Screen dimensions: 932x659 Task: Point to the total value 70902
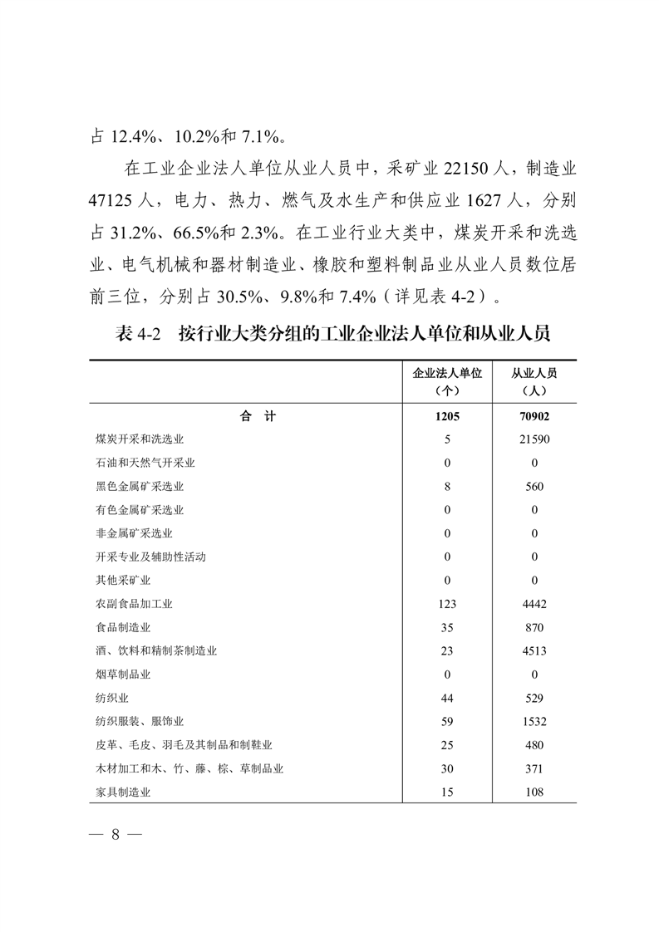[534, 417]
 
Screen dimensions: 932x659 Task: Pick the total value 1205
[447, 417]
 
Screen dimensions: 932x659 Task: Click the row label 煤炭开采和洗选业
[140, 439]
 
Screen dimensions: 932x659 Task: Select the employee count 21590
[534, 439]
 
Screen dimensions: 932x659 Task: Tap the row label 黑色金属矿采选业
[140, 487]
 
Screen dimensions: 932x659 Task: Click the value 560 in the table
[534, 487]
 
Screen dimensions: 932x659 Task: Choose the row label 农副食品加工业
[134, 604]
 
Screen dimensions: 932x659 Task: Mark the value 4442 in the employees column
[534, 604]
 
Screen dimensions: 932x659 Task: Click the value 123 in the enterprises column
[447, 604]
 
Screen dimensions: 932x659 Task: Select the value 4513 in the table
[534, 651]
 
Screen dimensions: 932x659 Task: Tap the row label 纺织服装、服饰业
[140, 722]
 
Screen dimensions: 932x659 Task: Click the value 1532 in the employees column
[534, 722]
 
